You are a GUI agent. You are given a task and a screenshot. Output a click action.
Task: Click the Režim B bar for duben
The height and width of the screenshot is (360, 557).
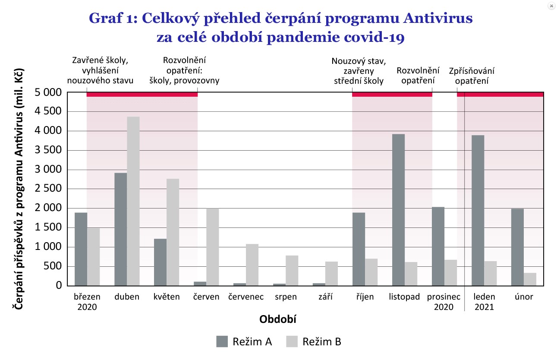133,201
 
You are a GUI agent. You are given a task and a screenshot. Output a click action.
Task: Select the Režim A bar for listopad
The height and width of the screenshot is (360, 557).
399,210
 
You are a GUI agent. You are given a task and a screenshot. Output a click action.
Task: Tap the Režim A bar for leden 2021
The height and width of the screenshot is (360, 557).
478,210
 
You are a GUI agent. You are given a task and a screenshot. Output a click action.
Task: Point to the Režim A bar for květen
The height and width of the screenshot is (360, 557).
160,262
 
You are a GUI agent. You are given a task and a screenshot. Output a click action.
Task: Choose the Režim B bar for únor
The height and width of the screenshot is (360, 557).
530,279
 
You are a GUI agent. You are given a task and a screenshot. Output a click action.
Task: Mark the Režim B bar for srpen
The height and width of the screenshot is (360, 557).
292,270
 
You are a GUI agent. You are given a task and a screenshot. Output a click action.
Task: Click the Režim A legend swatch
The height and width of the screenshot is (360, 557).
222,342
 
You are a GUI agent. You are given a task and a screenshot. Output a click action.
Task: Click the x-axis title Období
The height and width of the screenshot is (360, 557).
278,319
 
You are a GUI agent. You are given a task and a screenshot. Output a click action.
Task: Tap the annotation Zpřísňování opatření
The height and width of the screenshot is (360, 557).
472,76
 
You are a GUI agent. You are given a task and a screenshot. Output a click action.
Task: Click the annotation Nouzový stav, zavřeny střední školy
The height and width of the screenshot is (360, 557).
359,71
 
